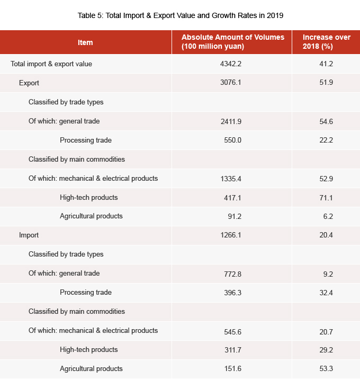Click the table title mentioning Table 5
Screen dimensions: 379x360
(x=180, y=15)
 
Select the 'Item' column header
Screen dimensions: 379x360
(x=85, y=42)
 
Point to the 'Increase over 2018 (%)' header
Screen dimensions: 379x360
(x=326, y=42)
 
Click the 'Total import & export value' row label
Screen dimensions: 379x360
(x=51, y=64)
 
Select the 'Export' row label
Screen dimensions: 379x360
(x=29, y=83)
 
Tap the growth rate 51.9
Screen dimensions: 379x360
(x=326, y=83)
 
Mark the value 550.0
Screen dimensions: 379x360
(x=231, y=140)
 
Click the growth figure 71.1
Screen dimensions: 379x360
(x=326, y=198)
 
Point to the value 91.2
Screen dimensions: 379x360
(x=231, y=216)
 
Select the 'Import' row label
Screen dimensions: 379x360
(x=29, y=235)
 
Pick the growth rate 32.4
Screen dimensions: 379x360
(x=326, y=293)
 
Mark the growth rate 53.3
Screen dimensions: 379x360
(x=326, y=369)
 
